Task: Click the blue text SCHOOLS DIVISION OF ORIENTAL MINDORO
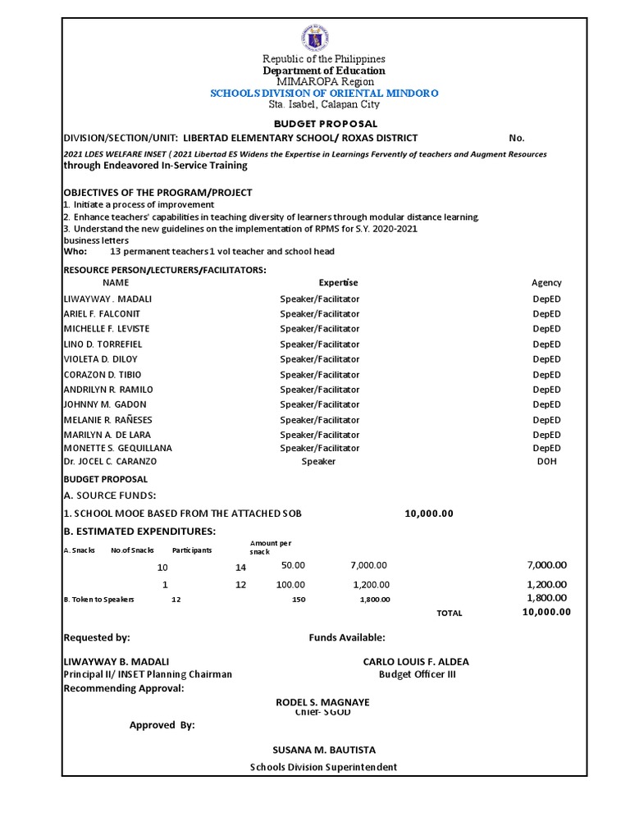[324, 94]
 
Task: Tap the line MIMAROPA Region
[324, 82]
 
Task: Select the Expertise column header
[338, 282]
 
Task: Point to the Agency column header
[546, 282]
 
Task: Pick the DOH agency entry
[546, 462]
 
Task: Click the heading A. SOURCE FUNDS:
[109, 495]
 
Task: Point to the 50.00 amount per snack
[293, 565]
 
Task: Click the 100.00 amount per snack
[290, 585]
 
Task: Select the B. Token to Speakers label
[98, 600]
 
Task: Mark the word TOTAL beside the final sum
[450, 613]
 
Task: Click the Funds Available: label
[347, 637]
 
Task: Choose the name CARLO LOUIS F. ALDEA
[416, 662]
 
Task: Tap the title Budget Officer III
[417, 674]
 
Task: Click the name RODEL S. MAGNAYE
[323, 702]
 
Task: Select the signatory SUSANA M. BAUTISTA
[324, 750]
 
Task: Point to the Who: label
[75, 252]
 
